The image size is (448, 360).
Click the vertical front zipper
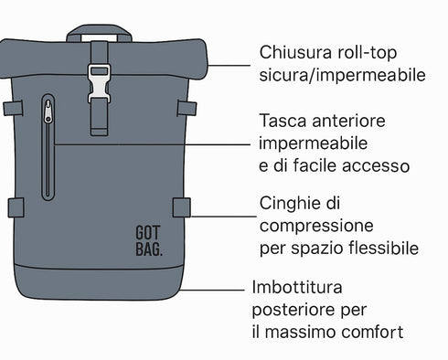coord(48,151)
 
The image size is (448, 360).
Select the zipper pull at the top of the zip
coord(48,114)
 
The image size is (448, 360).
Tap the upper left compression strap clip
coord(12,109)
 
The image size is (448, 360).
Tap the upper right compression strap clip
coord(187,109)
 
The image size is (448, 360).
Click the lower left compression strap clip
coord(16,207)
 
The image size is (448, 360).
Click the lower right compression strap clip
coord(182,207)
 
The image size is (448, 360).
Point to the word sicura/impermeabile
coord(343,76)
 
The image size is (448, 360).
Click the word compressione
coord(315,225)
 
